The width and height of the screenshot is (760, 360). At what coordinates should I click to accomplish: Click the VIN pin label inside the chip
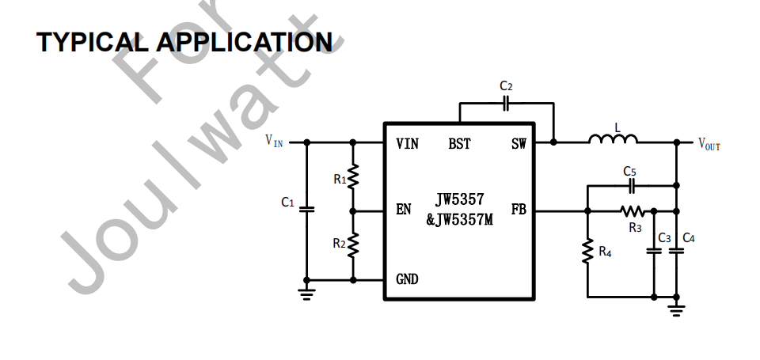pos(407,144)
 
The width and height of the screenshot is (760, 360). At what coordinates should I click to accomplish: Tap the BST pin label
pos(459,144)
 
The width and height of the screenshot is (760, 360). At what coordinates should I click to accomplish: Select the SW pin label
pos(519,144)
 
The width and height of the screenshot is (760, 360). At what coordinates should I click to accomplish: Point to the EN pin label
pos(404,210)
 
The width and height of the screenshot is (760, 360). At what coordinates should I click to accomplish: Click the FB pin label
pos(519,210)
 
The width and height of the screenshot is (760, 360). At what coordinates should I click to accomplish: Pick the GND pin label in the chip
pos(407,279)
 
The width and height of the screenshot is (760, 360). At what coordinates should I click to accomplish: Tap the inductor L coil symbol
pos(613,140)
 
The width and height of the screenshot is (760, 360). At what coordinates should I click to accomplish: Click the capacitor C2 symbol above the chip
pos(507,102)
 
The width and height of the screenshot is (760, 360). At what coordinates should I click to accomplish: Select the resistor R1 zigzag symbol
pos(354,176)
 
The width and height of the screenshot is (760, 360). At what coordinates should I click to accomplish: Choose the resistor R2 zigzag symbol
pos(354,244)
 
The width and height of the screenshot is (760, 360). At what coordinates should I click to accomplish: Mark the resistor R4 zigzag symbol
pos(587,252)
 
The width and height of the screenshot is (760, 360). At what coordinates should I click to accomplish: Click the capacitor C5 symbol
pos(632,185)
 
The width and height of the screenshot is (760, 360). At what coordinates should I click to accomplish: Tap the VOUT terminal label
pos(709,144)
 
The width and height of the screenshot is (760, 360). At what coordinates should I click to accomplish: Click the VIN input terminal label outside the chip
pos(274,142)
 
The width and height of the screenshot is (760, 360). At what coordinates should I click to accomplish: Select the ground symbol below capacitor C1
pos(307,291)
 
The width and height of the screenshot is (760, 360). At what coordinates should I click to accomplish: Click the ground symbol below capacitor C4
pos(676,307)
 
